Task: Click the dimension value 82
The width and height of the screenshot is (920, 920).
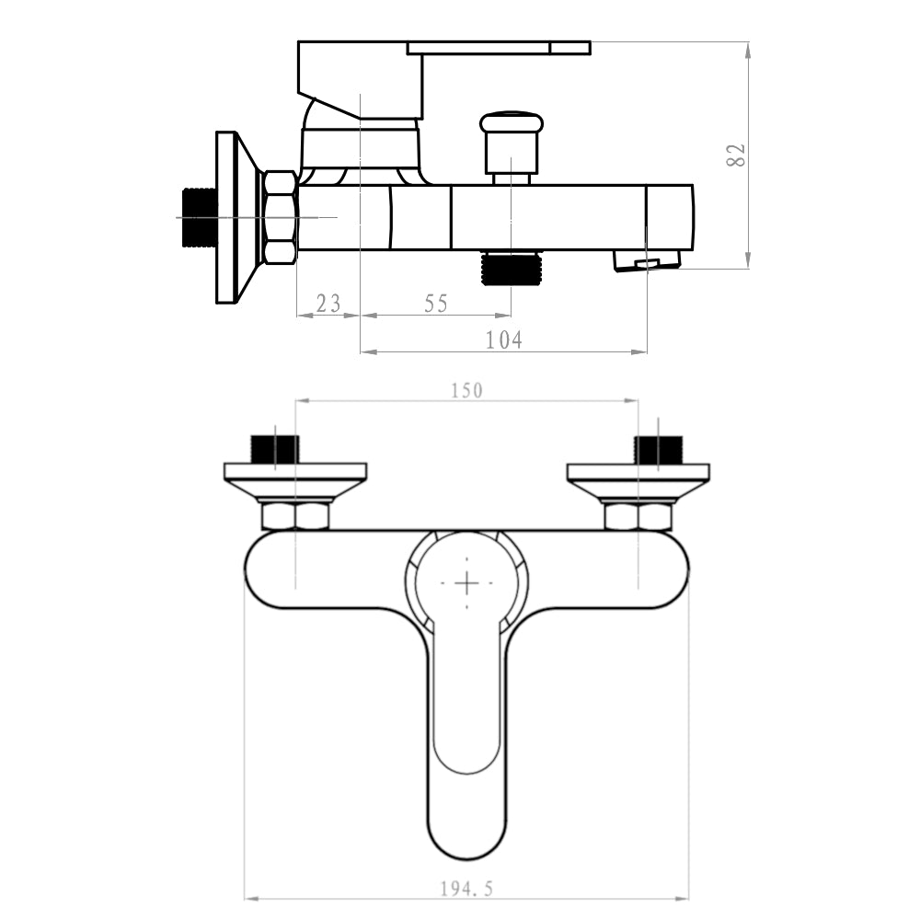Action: click(735, 154)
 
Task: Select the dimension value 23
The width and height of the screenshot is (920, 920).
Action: click(328, 303)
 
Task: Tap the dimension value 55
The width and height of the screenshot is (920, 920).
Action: click(436, 303)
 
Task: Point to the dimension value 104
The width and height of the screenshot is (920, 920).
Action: click(503, 339)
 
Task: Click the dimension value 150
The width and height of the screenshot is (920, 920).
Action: click(466, 390)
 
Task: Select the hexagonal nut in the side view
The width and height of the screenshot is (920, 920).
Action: click(280, 217)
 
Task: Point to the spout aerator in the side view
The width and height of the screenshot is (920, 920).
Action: click(647, 261)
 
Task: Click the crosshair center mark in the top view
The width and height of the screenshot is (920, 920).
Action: click(467, 582)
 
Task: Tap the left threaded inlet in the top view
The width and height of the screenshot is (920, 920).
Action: click(274, 450)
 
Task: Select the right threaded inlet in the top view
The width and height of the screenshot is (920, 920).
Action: click(658, 450)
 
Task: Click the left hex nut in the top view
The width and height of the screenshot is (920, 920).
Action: click(295, 515)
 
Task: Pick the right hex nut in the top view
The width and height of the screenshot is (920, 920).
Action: click(638, 515)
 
